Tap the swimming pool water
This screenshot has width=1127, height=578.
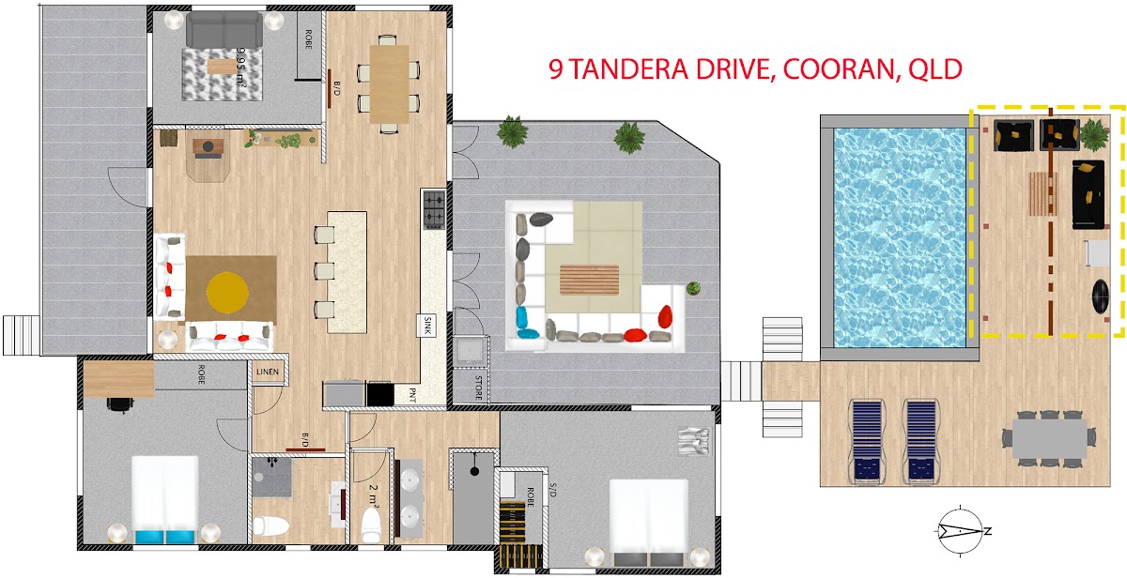click(900, 237)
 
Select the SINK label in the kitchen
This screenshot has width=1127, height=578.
click(427, 326)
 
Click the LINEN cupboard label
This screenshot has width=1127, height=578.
click(267, 372)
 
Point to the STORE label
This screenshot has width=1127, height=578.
click(478, 388)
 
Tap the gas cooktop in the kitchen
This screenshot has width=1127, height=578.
click(434, 209)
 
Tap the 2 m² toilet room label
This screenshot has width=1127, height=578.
click(374, 495)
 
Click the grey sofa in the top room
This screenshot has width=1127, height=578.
click(224, 29)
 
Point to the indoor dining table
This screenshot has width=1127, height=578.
click(389, 84)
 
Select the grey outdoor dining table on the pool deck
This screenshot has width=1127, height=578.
click(1050, 438)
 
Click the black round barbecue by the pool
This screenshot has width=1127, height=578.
click(1101, 296)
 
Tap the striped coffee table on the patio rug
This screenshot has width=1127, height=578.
click(589, 280)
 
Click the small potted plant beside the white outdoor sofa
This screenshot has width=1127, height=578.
click(693, 288)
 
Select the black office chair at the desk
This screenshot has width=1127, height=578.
click(120, 404)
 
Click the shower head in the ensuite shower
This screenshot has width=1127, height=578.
click(474, 470)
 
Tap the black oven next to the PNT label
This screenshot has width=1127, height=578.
click(379, 394)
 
